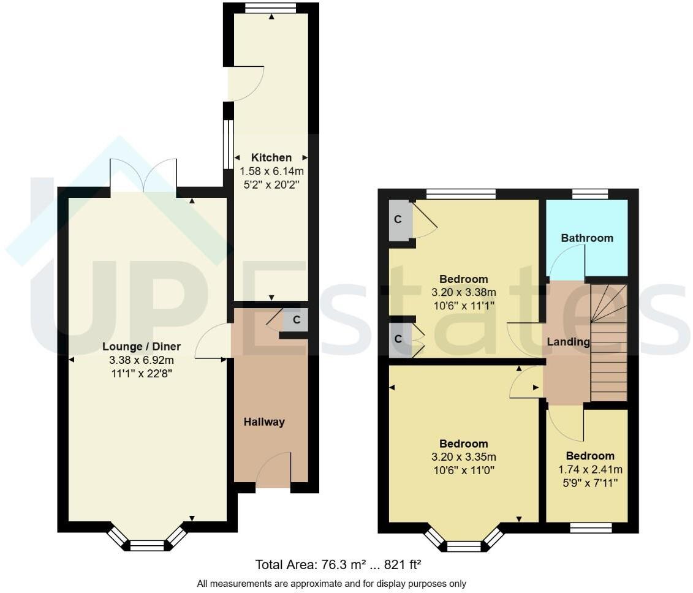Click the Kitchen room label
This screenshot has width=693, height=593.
coord(271,157)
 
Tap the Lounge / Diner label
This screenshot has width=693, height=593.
coord(142,347)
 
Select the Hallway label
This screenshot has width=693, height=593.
coord(264,421)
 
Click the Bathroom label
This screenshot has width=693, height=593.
coord(586,238)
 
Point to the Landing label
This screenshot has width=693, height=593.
coord(569,342)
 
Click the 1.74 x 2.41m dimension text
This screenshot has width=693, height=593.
coord(589,469)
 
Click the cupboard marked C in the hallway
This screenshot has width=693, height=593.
coord(297,319)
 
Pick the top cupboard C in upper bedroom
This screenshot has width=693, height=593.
coord(398,220)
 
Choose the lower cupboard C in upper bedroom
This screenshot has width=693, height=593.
coord(398,338)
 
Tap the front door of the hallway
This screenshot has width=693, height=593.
coord(273,472)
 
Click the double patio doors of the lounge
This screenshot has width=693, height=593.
coord(143,176)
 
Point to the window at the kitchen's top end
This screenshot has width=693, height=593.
coord(270,8)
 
